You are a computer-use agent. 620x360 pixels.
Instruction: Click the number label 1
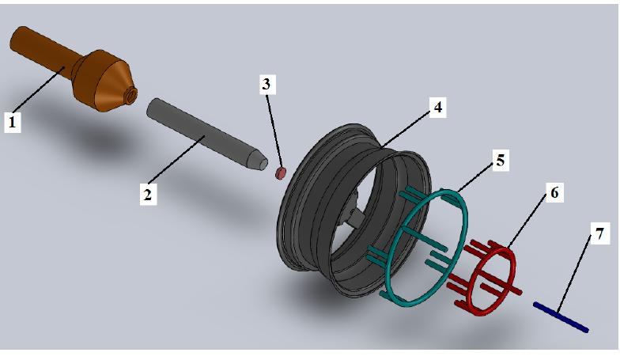pyautogui.click(x=12, y=122)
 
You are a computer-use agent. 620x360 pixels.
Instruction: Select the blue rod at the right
pyautogui.click(x=561, y=316)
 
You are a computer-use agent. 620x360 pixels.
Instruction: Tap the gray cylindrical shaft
pyautogui.click(x=202, y=131)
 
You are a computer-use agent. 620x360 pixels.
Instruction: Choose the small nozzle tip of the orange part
pyautogui.click(x=131, y=97)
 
